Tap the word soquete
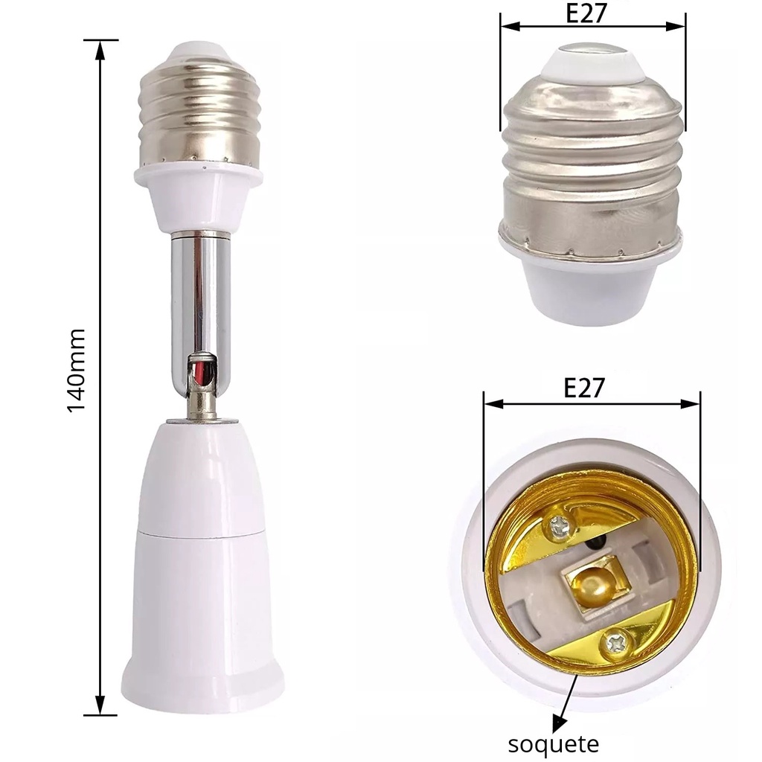coord(554,743)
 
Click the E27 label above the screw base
coord(586,13)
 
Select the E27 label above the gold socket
coord(584,388)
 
